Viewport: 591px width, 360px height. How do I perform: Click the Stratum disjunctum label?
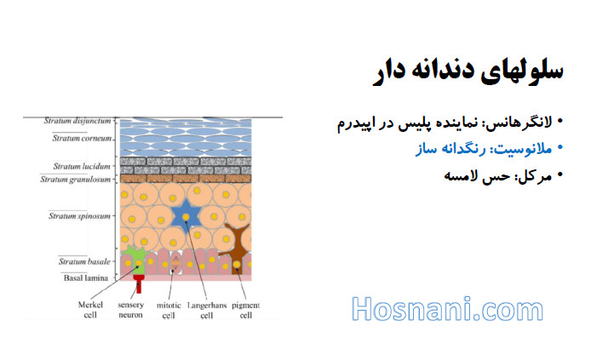77,121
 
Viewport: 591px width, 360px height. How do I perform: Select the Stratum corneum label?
82,138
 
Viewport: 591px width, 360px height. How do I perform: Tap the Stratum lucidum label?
82,166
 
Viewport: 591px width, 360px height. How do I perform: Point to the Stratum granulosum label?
76,179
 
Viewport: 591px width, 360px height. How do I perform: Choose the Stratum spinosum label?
79,216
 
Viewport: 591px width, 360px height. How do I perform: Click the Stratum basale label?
84,261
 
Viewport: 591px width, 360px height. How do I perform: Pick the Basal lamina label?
86,278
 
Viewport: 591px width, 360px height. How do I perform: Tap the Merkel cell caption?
90,310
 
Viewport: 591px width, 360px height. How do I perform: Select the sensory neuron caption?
131,310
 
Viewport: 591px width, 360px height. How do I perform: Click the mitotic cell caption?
169,310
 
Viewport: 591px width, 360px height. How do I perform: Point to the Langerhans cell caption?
207,310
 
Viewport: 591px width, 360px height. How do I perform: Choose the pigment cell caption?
246,310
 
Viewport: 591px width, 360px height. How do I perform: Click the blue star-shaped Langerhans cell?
186,217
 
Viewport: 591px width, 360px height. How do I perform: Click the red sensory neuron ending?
139,283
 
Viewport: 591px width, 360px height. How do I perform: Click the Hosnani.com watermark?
447,309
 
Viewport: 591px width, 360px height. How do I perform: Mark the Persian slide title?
468,71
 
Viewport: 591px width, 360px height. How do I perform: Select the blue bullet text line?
484,149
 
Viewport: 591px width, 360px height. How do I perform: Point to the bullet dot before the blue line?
559,147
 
